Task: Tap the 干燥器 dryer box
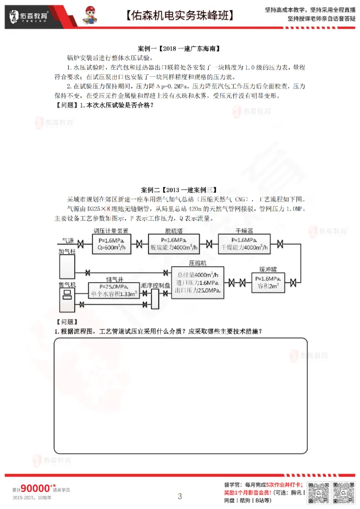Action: click(244, 244)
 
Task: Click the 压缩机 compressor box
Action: click(198, 282)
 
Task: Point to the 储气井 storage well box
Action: click(114, 290)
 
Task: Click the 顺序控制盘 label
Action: click(155, 286)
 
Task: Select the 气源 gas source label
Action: click(67, 240)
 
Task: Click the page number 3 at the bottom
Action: click(180, 496)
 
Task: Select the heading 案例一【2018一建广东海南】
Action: click(180, 48)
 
